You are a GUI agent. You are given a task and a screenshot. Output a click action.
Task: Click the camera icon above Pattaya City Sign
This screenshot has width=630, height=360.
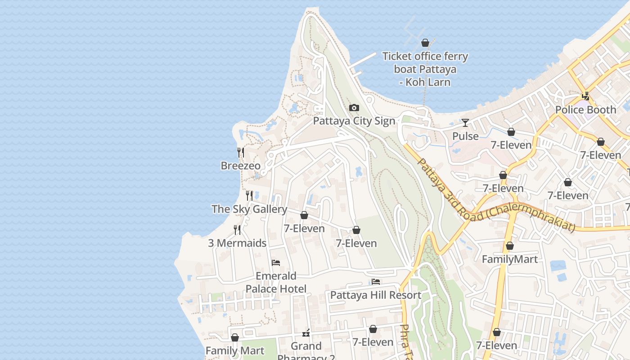click(x=354, y=108)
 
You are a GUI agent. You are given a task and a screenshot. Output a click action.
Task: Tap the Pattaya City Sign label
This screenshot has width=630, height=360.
click(x=354, y=121)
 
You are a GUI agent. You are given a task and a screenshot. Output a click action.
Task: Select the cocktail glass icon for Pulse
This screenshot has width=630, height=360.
click(x=465, y=123)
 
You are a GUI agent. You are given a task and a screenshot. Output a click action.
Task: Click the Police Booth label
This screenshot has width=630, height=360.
click(x=585, y=109)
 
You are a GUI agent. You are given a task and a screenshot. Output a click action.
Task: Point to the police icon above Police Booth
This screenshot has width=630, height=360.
click(x=585, y=96)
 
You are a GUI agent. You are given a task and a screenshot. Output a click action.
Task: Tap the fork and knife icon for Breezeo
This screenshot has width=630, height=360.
click(x=241, y=153)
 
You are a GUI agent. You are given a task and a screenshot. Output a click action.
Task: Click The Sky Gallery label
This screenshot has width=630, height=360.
click(x=249, y=209)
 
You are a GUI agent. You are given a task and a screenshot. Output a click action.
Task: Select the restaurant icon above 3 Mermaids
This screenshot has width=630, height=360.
click(x=237, y=230)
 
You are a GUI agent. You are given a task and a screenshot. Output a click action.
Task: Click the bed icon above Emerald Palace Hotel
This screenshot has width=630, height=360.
click(x=276, y=263)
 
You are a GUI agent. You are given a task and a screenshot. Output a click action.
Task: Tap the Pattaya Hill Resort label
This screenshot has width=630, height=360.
click(x=376, y=295)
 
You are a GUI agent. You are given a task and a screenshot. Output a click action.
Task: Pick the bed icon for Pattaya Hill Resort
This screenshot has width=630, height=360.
click(x=376, y=282)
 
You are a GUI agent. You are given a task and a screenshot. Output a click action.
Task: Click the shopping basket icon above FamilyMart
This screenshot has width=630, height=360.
click(x=509, y=246)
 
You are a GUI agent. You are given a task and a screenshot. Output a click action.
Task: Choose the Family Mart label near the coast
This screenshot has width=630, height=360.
click(x=235, y=350)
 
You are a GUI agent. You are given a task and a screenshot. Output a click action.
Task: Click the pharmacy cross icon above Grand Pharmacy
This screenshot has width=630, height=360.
click(x=306, y=333)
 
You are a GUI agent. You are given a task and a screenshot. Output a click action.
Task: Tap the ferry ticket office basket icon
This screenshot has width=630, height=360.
click(x=425, y=43)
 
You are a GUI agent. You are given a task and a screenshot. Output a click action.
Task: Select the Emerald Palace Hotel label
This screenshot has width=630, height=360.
click(x=276, y=282)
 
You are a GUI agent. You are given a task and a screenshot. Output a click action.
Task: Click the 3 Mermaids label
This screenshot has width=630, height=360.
click(x=237, y=243)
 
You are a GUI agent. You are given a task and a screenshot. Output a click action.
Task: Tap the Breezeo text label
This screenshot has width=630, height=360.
click(x=240, y=166)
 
